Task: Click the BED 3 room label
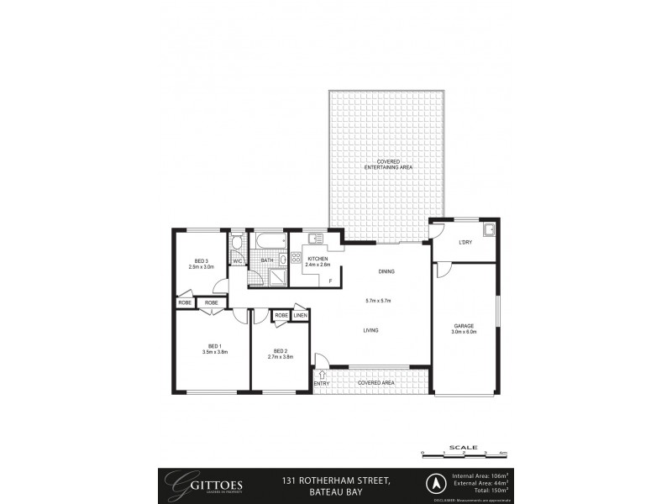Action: [x=201, y=260]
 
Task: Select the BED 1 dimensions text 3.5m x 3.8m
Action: [x=214, y=353]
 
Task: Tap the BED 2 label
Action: [x=281, y=350]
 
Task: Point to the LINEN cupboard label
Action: [x=300, y=315]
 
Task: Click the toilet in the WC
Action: [x=238, y=244]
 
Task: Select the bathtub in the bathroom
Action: [x=266, y=243]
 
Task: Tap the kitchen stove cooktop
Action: [x=297, y=258]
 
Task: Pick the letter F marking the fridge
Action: [x=330, y=280]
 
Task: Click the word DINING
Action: [x=386, y=271]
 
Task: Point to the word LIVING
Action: [x=370, y=330]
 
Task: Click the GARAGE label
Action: [x=465, y=326]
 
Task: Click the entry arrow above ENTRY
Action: [x=320, y=373]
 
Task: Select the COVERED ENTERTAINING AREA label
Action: [x=387, y=164]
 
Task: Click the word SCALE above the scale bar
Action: [x=463, y=447]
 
